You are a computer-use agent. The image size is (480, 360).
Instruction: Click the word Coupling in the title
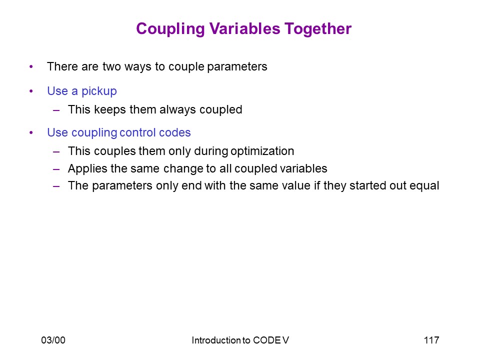170,29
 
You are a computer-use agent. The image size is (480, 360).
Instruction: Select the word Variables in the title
244,28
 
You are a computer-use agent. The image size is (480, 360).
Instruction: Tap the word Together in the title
318,29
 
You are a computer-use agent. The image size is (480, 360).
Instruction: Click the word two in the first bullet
111,66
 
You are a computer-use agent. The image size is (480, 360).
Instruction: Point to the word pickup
99,91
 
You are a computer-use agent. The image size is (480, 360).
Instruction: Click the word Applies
88,169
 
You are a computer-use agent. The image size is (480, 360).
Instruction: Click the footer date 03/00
53,340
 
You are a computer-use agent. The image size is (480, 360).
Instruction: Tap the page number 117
431,340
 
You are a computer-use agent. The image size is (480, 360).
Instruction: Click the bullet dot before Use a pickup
31,91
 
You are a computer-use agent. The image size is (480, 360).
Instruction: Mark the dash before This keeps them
56,110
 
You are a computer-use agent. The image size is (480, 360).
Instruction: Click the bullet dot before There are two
31,66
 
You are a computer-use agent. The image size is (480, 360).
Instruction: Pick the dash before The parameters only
56,186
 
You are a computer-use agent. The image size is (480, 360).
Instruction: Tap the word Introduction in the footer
216,340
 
